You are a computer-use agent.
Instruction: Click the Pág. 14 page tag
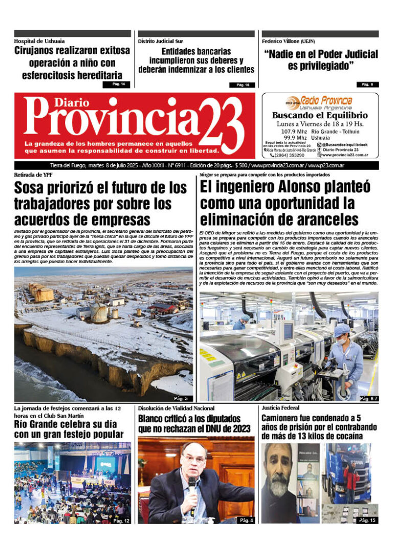click(117, 84)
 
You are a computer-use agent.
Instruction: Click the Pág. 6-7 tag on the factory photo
click(368, 398)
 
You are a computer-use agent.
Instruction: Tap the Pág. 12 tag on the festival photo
click(121, 521)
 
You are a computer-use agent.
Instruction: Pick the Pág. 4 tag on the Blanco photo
click(244, 521)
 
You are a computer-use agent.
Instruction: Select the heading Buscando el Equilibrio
click(320, 115)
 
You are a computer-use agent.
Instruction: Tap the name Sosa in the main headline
click(34, 188)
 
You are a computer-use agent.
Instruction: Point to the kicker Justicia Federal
click(280, 408)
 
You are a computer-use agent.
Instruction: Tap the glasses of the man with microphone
click(193, 459)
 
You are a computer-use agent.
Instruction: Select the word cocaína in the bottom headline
click(343, 436)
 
